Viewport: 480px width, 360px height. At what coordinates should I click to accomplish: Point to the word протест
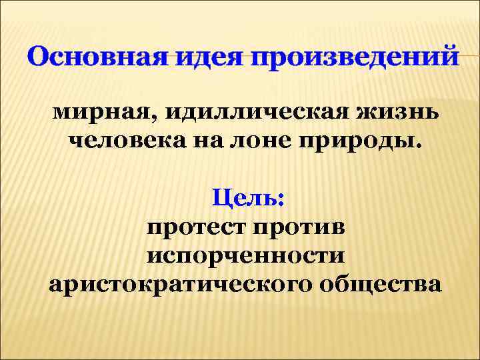tap(195, 227)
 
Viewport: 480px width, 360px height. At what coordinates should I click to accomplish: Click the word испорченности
tap(246, 255)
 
